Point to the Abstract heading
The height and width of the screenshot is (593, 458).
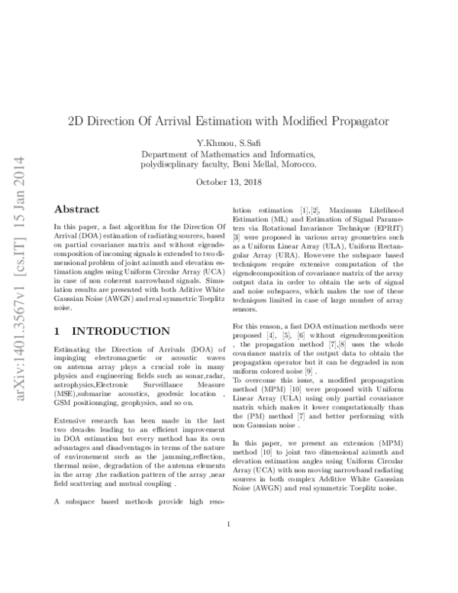point(76,209)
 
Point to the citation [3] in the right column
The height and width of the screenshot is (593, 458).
point(237,238)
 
